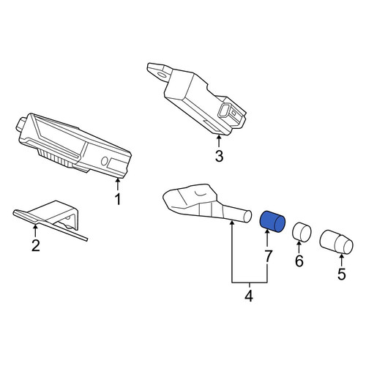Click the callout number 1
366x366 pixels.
(118, 199)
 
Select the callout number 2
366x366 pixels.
(36, 245)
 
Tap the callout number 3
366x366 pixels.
(219, 156)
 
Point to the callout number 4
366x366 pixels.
(249, 296)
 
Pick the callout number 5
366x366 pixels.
(342, 274)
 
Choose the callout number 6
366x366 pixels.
(299, 261)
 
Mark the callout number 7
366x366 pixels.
(268, 256)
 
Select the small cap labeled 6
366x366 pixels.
(302, 232)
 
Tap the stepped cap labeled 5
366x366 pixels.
(336, 242)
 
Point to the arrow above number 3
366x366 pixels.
(219, 141)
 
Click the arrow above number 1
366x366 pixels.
(118, 184)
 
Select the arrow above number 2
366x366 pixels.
(36, 231)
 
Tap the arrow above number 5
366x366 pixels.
(342, 260)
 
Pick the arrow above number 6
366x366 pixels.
(299, 247)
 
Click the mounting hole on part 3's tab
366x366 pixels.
(162, 74)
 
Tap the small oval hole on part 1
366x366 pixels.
(104, 161)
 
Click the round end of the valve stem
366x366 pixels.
(247, 216)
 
